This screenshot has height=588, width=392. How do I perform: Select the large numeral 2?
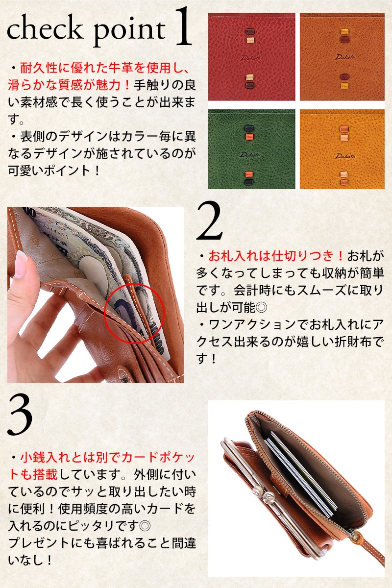coord(209,220)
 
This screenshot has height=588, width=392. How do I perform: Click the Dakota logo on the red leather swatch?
coord(251,58)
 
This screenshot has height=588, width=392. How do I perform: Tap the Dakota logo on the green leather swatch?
coord(250,155)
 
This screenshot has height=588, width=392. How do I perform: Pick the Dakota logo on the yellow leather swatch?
coord(345,156)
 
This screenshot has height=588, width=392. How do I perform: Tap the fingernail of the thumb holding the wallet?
coord(21,264)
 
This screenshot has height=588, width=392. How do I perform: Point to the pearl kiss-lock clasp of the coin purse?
coord(263,494)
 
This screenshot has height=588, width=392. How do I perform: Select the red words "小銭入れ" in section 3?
coord(39,458)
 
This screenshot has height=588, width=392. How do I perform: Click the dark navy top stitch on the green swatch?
coord(249,128)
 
